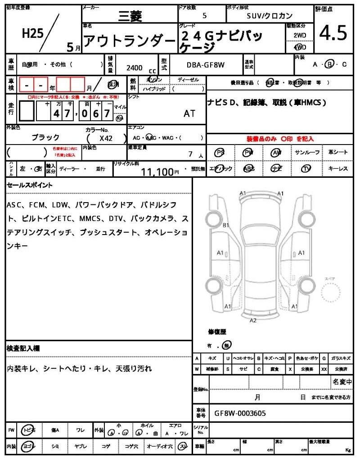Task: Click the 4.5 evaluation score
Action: coord(333,33)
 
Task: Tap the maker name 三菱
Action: coord(130,17)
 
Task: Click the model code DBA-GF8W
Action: coord(205,65)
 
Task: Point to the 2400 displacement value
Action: coord(134,68)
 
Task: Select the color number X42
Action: coord(106,139)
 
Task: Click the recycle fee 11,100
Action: coord(157,172)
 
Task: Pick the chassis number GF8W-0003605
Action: coord(240,412)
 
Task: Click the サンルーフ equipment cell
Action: coord(308,153)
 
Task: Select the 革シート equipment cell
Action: coord(338,153)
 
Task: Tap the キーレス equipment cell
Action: coord(338,169)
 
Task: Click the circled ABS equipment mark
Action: coord(249,169)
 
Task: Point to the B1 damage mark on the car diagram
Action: coord(226,225)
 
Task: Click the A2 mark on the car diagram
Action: coord(253,320)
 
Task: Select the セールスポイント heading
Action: coord(30,185)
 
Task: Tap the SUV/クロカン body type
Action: coord(270,15)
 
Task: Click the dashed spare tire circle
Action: coord(332,295)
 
